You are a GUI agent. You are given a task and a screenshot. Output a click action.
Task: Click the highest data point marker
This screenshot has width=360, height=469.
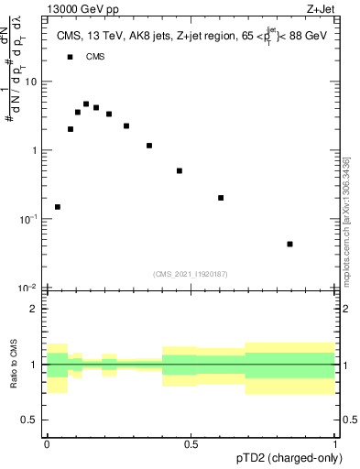pyautogui.click(x=86, y=104)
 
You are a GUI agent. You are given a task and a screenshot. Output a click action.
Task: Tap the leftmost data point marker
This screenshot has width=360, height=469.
pyautogui.click(x=58, y=207)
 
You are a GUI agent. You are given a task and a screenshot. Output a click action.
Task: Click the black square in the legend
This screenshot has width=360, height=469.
pyautogui.click(x=70, y=57)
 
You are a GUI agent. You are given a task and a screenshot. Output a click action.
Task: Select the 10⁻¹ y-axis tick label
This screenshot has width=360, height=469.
pyautogui.click(x=29, y=219)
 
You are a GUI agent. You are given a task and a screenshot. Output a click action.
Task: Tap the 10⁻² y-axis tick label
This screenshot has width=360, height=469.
pyautogui.click(x=29, y=288)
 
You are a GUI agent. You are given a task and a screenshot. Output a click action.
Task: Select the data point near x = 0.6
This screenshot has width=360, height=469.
pyautogui.click(x=221, y=198)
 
